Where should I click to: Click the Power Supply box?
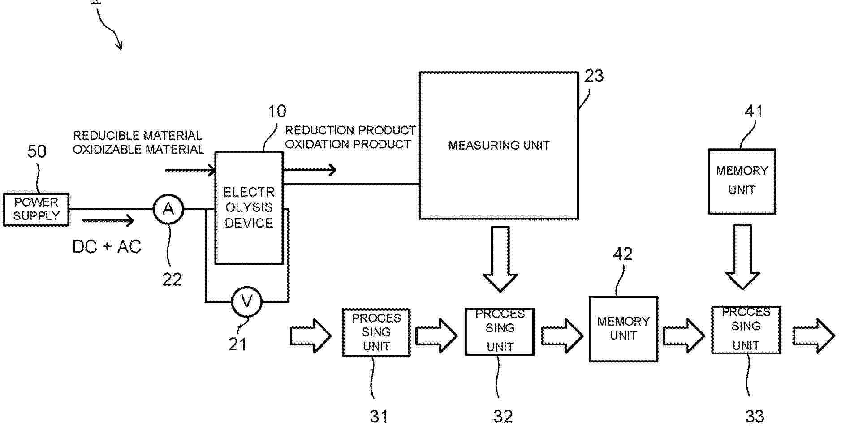click(36, 209)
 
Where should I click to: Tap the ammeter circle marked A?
click(168, 209)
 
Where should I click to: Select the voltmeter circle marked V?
click(247, 301)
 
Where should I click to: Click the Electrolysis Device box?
click(249, 208)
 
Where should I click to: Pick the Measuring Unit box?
click(499, 146)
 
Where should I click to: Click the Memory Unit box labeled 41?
click(742, 181)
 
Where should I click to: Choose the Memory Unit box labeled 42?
click(623, 329)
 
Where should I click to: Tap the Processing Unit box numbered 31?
click(376, 332)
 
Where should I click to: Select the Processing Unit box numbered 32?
click(500, 331)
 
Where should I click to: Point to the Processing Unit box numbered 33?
click(746, 330)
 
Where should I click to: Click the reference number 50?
click(37, 151)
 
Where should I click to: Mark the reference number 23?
click(594, 76)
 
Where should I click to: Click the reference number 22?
click(172, 280)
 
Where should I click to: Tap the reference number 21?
click(237, 344)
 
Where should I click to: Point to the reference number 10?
click(277, 112)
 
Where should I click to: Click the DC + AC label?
click(107, 247)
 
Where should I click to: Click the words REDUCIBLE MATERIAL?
click(138, 136)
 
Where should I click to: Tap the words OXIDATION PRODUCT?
click(348, 144)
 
